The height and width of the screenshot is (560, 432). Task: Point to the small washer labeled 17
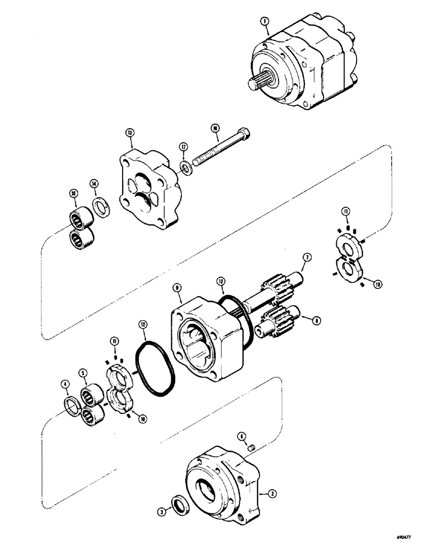(x=185, y=166)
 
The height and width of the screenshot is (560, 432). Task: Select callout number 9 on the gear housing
(x=177, y=288)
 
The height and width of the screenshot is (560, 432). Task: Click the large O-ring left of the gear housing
(x=156, y=369)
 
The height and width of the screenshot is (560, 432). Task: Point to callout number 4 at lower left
(x=65, y=384)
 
